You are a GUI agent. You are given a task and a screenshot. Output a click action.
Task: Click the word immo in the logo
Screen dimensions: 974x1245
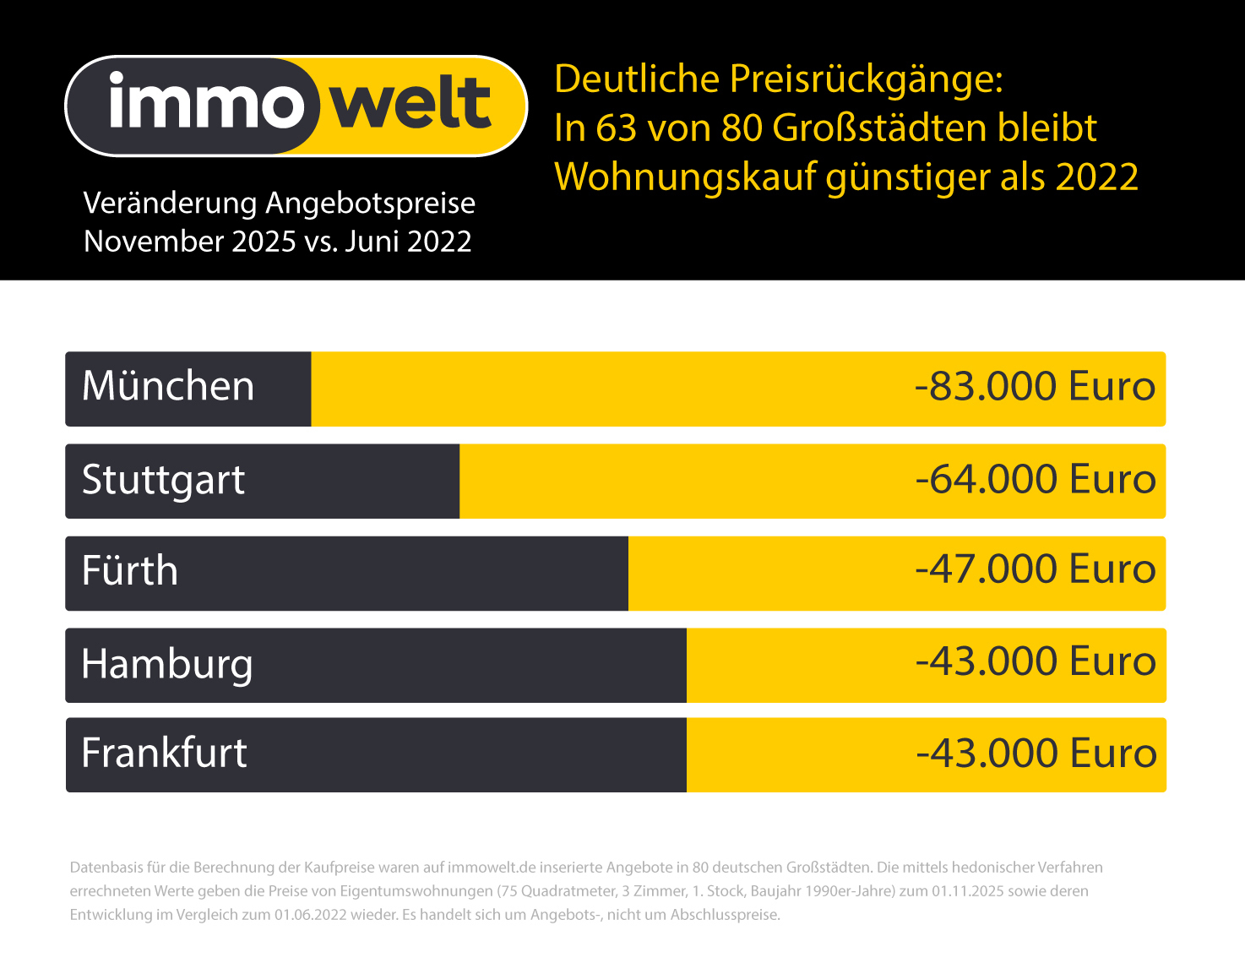[205, 104]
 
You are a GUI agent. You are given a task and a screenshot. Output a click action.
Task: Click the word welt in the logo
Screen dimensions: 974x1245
[410, 104]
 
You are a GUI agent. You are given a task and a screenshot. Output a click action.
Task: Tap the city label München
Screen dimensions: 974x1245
[168, 387]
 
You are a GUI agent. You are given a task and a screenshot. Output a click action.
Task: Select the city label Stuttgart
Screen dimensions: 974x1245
[163, 481]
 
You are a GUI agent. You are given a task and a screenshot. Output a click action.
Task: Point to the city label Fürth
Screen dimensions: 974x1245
[130, 571]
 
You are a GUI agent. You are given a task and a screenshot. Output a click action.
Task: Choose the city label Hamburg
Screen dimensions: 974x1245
[167, 664]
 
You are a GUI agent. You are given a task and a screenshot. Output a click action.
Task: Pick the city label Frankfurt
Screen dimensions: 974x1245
[164, 753]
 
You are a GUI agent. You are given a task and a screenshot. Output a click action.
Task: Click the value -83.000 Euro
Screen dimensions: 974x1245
[1035, 387]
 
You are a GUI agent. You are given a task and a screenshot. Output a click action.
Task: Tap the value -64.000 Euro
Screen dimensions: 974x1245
[1036, 479]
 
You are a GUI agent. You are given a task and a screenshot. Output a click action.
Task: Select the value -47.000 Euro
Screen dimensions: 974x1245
[1036, 569]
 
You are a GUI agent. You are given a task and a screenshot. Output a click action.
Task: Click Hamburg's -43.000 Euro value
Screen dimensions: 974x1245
[1036, 661]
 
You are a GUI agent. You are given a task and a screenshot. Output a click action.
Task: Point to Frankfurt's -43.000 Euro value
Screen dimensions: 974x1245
[1036, 753]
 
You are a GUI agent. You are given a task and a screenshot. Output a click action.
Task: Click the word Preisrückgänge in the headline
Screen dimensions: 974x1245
[866, 80]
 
